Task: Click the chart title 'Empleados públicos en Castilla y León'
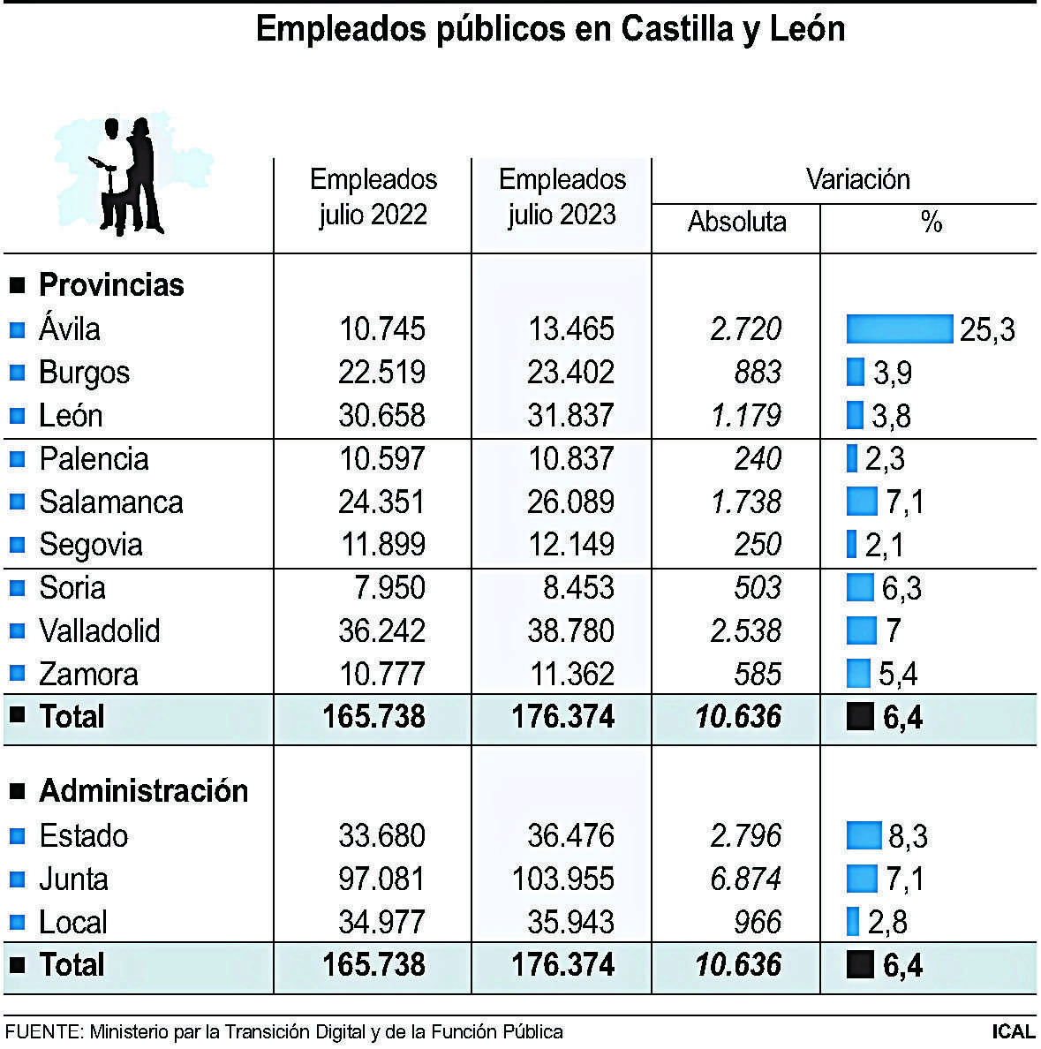(550, 30)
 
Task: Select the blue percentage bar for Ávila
(899, 328)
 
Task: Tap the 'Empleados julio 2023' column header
(562, 197)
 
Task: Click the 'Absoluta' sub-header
(736, 222)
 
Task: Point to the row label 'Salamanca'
(111, 502)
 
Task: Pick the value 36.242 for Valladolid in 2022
(381, 631)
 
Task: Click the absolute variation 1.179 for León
(746, 416)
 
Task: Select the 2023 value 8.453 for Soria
(571, 588)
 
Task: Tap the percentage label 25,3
(987, 330)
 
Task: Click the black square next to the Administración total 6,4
(859, 965)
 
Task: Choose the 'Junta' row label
(73, 879)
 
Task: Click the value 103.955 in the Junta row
(562, 879)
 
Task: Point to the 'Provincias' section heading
(111, 285)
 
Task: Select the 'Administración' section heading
(143, 791)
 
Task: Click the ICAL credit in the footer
(1013, 1031)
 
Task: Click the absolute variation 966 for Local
(758, 923)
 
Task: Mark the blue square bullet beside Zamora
(18, 674)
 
